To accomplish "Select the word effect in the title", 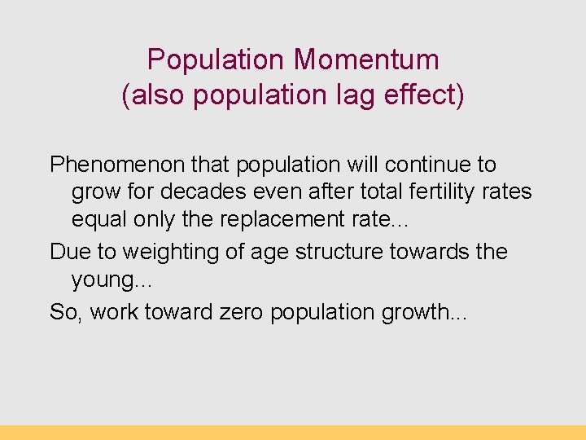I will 422,95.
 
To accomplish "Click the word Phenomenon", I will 117,165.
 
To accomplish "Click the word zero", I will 248,312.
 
